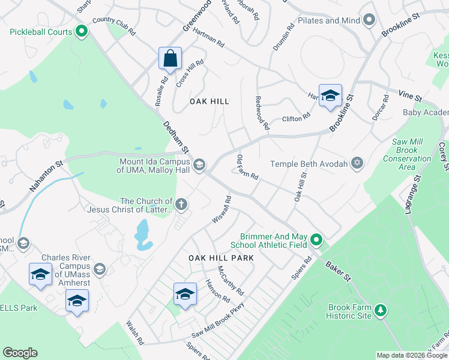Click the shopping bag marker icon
click(x=170, y=59)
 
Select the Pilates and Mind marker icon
click(x=369, y=20)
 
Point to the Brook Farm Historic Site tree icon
click(x=380, y=310)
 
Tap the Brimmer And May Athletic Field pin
click(x=316, y=241)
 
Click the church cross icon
click(x=181, y=205)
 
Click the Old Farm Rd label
click(x=247, y=167)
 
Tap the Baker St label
click(x=338, y=271)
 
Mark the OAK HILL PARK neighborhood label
click(x=221, y=257)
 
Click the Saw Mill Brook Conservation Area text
click(x=407, y=154)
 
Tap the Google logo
click(x=20, y=353)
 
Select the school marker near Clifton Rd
click(x=330, y=96)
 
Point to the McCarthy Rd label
click(x=231, y=281)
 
